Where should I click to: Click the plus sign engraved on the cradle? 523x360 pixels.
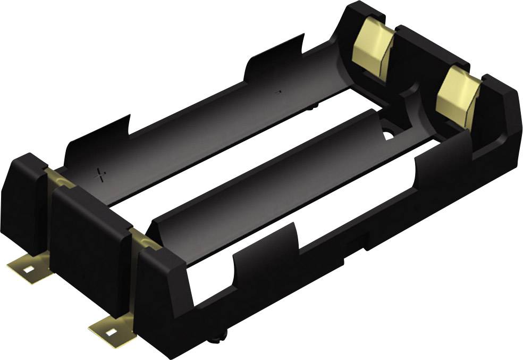click(101, 175)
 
